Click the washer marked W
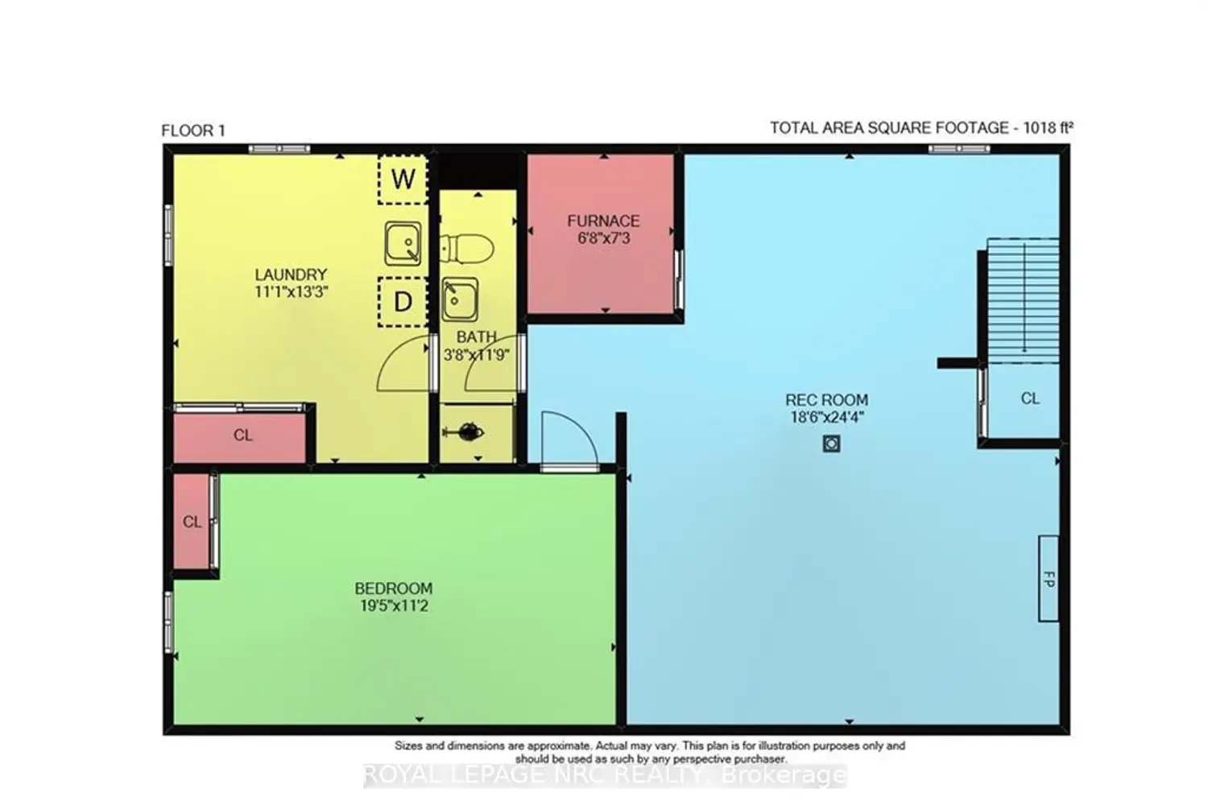[403, 179]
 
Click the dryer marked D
[403, 302]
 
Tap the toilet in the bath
[466, 249]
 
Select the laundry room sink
[403, 243]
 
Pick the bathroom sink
[460, 299]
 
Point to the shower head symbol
[464, 432]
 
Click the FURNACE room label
[603, 221]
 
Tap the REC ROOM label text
[827, 400]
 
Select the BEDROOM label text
[394, 588]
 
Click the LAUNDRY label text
[292, 275]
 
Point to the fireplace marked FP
[1049, 579]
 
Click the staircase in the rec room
[1023, 301]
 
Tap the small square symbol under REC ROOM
[831, 444]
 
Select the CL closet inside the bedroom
[192, 522]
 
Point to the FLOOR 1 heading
[193, 130]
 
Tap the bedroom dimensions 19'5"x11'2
[394, 606]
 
